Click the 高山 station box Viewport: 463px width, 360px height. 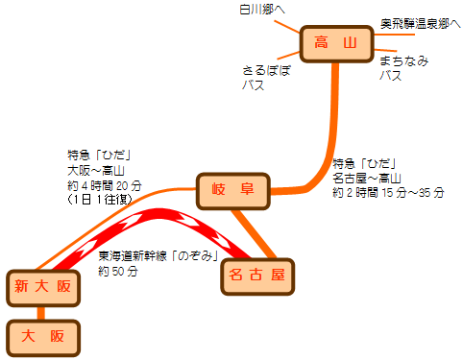[x=335, y=43]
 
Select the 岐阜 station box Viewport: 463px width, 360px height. [x=233, y=191]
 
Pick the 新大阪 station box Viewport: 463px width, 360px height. [x=43, y=286]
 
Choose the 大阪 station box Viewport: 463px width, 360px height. [x=43, y=336]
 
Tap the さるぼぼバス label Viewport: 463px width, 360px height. [x=266, y=77]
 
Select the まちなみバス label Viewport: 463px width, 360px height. [x=403, y=67]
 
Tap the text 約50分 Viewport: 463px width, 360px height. [x=119, y=272]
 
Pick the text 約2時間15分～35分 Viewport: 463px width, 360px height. [x=388, y=192]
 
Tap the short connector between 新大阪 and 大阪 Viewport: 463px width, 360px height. [x=41, y=311]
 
